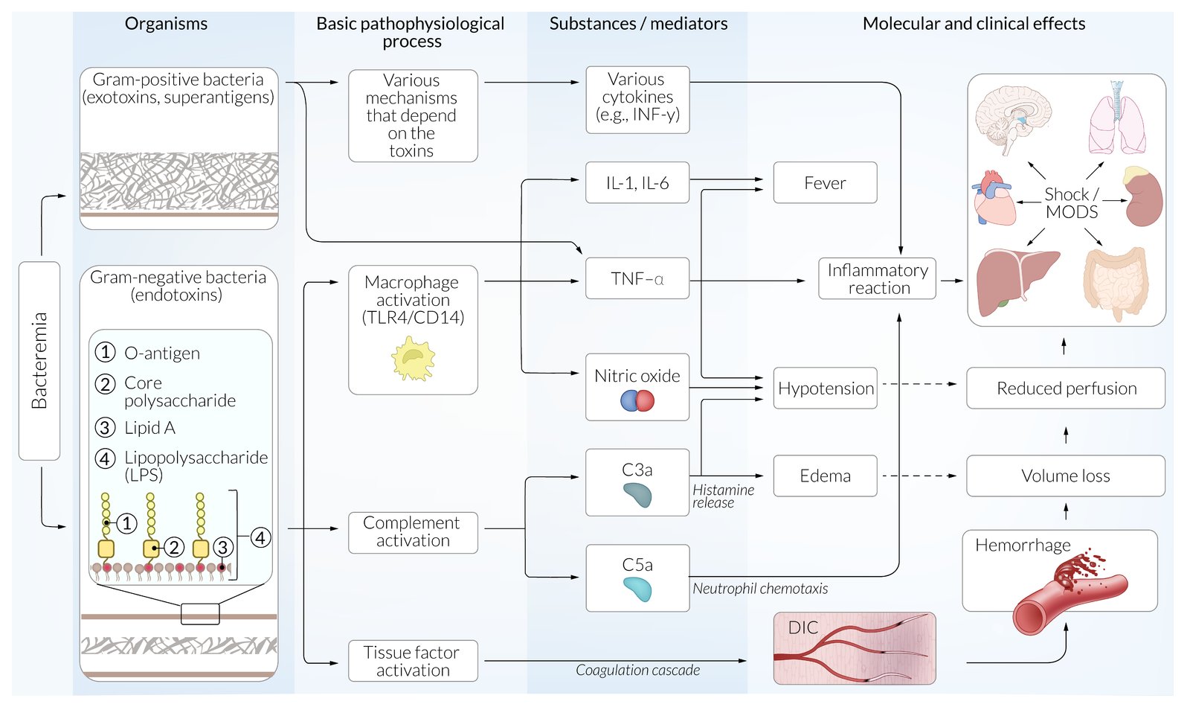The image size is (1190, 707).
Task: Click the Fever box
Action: [x=825, y=183]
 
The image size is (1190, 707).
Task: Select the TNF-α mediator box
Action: [x=637, y=279]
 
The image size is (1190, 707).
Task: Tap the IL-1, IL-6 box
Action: [x=637, y=183]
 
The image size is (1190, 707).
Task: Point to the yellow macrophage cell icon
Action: [x=413, y=359]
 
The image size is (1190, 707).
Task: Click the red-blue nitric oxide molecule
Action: [x=637, y=401]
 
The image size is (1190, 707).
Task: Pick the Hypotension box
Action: [x=825, y=388]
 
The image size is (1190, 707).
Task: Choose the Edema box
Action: [x=825, y=476]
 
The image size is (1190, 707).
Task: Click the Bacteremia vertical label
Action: [x=39, y=361]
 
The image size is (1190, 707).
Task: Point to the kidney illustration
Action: [x=1143, y=197]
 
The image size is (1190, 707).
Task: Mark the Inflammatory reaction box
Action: [x=878, y=279]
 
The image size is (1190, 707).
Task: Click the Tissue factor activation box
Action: [x=413, y=661]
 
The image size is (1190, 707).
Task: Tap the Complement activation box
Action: [x=413, y=532]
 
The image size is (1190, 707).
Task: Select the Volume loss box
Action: [x=1065, y=476]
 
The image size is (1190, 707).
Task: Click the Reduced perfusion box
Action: [x=1065, y=388]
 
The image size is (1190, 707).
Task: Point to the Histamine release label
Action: [x=723, y=496]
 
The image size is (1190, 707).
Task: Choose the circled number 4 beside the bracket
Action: [x=260, y=537]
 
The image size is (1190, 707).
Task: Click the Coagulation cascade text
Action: [x=637, y=671]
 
